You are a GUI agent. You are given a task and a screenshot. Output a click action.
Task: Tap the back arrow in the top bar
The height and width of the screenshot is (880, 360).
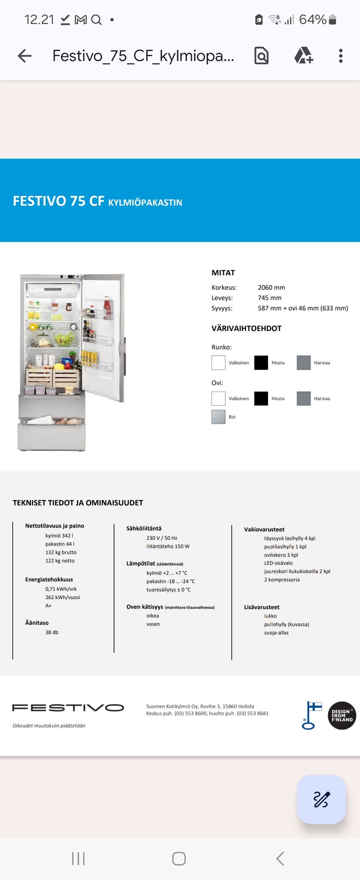tap(25, 56)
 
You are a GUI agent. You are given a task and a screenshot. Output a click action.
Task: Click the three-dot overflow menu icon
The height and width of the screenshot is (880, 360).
tap(340, 56)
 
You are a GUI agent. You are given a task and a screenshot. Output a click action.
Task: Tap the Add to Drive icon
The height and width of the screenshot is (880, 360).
tap(303, 56)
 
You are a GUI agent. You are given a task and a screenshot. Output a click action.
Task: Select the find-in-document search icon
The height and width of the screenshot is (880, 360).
tap(261, 56)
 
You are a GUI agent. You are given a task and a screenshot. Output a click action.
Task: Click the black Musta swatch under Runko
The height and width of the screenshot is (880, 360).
tap(261, 363)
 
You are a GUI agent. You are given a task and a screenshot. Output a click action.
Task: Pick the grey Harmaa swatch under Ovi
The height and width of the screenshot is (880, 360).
tap(303, 399)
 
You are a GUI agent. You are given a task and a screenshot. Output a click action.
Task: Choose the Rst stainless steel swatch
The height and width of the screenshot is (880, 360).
tap(218, 417)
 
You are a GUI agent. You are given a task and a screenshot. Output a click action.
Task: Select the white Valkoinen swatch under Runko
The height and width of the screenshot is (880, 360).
tap(218, 363)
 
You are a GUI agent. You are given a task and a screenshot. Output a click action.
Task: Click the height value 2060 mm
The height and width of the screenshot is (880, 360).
tap(271, 288)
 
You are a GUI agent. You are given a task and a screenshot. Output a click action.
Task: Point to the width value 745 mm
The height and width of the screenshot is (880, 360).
tap(269, 298)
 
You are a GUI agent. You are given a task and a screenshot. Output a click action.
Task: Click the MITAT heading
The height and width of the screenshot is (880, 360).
tap(223, 273)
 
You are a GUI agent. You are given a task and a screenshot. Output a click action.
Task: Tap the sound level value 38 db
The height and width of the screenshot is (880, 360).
tap(52, 632)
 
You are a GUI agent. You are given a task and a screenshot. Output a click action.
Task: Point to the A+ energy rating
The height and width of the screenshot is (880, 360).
tap(48, 606)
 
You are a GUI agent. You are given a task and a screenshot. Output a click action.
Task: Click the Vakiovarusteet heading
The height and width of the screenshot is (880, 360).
tap(264, 529)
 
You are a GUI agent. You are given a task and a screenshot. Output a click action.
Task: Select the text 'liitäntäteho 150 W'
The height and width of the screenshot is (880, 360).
tap(168, 546)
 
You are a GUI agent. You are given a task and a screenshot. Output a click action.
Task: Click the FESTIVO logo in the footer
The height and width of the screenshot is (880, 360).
tap(68, 708)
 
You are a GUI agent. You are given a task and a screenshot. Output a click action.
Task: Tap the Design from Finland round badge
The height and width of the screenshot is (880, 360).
tap(342, 715)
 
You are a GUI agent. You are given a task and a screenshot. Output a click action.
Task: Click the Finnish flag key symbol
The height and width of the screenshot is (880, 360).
tap(312, 715)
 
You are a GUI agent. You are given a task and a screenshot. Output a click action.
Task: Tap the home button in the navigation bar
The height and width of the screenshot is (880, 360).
tap(179, 858)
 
